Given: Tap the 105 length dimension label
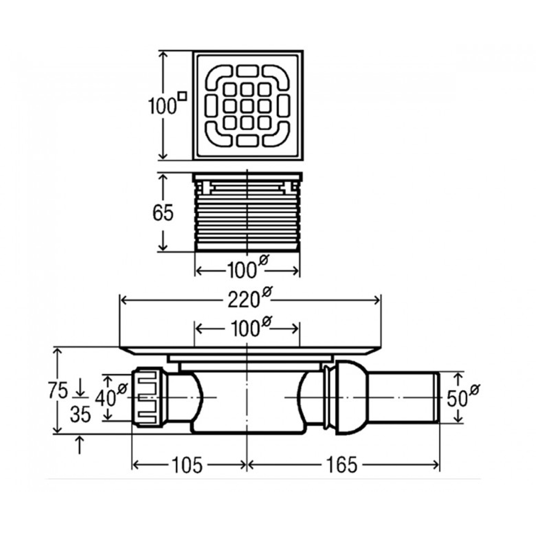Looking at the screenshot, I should tap(188, 465).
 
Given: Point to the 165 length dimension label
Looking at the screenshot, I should tap(340, 465).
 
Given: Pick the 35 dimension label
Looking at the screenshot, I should tap(80, 414).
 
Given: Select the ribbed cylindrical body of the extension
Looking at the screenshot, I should tap(247, 217).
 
